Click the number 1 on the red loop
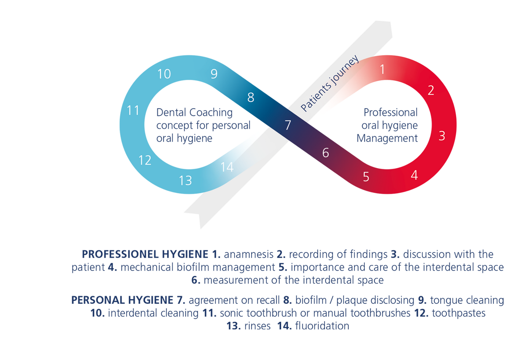(x=382, y=70)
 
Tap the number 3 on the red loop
(x=442, y=136)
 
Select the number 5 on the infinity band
(x=366, y=177)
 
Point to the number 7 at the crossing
(x=288, y=125)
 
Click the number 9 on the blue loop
(x=214, y=74)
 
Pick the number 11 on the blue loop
(x=133, y=111)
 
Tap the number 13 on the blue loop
(x=185, y=181)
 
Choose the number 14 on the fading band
(x=227, y=167)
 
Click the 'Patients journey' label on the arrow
(x=330, y=84)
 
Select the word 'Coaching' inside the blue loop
(x=211, y=112)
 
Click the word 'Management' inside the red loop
(x=387, y=138)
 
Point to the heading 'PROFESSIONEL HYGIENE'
(x=145, y=254)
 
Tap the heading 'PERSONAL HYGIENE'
(x=122, y=300)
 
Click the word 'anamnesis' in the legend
(x=248, y=254)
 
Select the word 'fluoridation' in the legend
(x=322, y=326)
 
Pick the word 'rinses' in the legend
(x=257, y=326)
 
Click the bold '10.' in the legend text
(x=98, y=313)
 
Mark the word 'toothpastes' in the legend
(x=459, y=313)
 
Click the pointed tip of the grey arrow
(x=200, y=228)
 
